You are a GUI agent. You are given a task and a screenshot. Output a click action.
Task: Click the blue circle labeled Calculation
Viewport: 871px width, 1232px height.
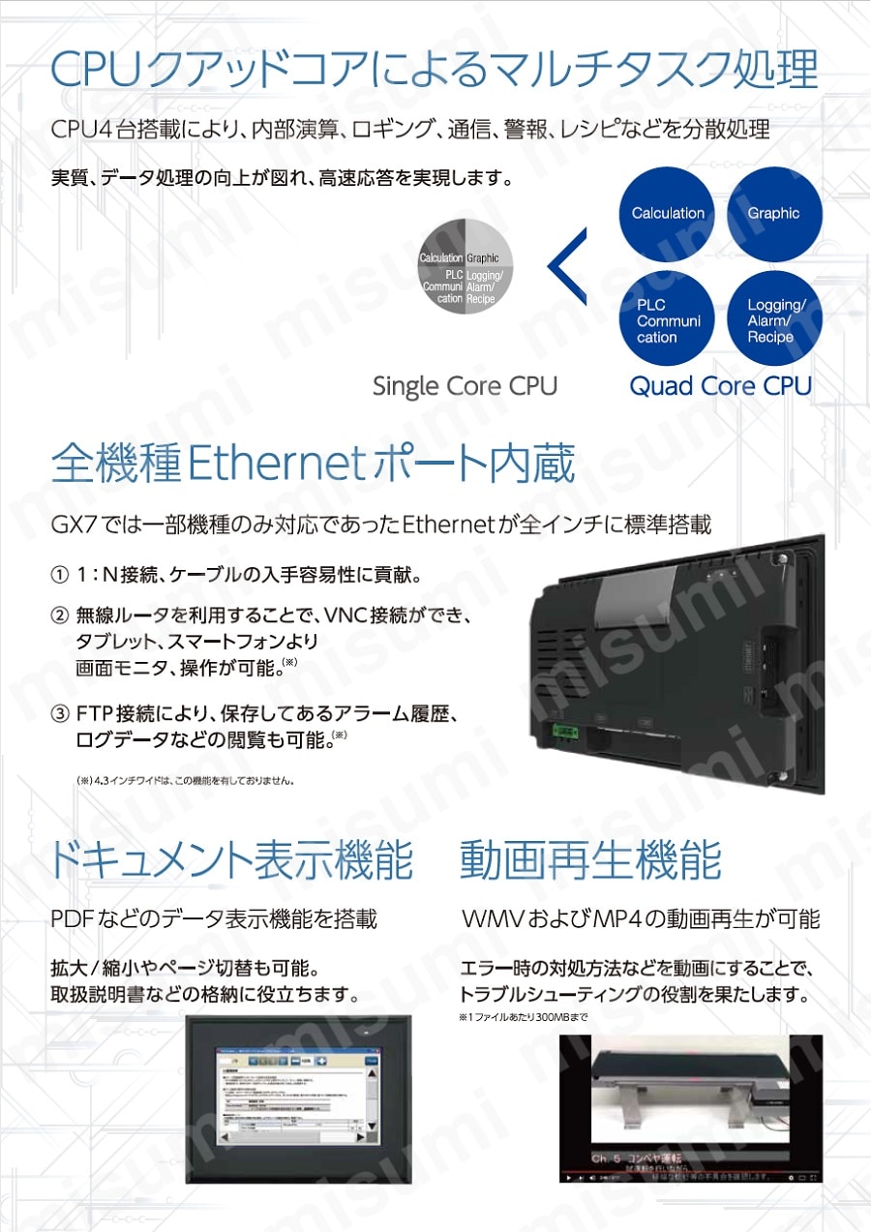668,214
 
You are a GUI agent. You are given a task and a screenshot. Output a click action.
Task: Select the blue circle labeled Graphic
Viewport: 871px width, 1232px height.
773,214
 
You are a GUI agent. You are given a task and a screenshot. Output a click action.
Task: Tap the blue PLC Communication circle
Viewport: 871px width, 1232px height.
668,320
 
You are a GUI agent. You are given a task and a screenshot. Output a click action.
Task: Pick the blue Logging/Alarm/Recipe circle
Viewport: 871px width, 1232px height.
773,320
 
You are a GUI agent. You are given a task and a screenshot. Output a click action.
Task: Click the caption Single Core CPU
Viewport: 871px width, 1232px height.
465,386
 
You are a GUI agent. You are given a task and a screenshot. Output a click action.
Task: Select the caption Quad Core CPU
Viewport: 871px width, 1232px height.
720,386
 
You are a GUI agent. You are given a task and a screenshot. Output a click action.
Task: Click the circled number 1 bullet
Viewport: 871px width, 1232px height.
59,576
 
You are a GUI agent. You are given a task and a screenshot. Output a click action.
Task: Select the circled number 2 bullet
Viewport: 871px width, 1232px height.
59,616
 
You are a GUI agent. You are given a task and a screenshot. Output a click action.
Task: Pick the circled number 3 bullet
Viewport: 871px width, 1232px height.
59,715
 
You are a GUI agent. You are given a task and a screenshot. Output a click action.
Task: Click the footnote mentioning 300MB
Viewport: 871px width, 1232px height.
523,1018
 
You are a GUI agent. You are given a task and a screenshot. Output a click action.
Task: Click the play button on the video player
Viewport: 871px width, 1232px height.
568,1178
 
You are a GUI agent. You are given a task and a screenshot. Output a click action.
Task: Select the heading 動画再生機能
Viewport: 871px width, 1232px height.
590,859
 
